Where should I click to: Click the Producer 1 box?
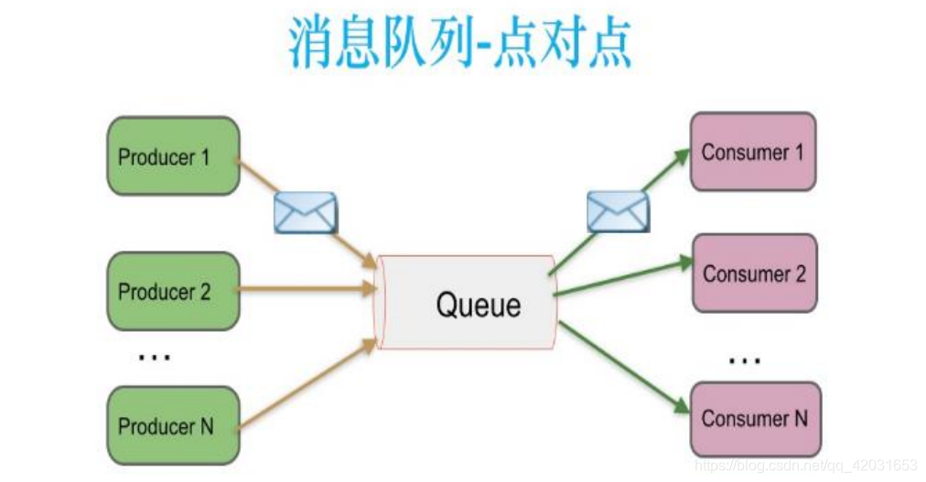point(173,156)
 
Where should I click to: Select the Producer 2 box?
point(173,292)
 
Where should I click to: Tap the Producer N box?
point(173,426)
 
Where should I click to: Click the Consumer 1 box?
point(752,152)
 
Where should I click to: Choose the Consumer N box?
point(755,419)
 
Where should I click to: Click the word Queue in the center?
point(478,304)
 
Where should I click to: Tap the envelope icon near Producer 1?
point(305,212)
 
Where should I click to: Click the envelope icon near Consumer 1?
point(618,211)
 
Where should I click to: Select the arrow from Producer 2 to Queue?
point(307,290)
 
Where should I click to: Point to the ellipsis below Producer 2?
point(153,357)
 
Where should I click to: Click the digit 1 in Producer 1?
point(205,157)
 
